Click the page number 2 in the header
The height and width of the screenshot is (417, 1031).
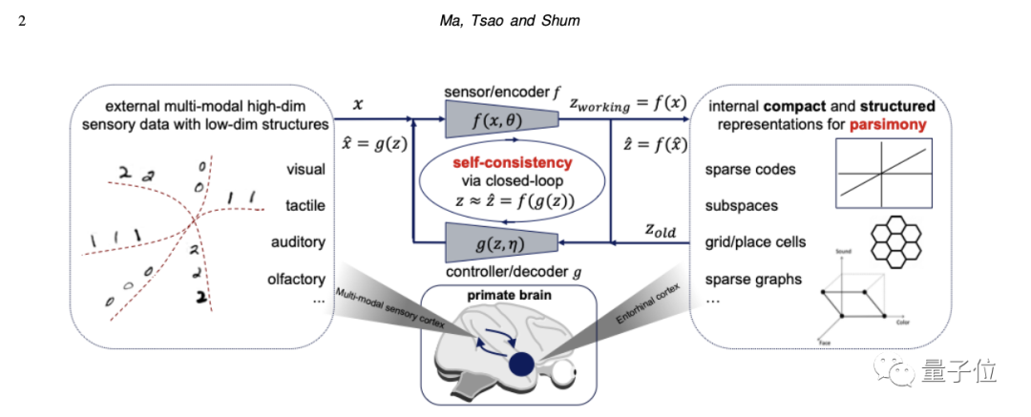tap(21, 20)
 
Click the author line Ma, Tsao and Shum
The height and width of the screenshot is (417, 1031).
tap(515, 20)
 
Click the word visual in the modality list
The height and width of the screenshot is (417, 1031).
tap(305, 170)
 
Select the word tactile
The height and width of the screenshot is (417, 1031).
tap(305, 206)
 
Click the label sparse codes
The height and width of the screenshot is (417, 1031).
tap(749, 170)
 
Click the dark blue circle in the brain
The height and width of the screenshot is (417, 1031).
tap(521, 363)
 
